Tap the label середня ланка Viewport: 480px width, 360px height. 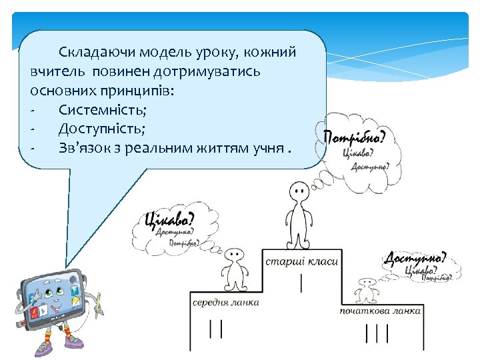[x=226, y=302]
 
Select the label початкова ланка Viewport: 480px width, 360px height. [x=380, y=311]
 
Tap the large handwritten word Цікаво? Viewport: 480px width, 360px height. [x=169, y=219]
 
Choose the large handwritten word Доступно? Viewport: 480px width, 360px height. [x=416, y=258]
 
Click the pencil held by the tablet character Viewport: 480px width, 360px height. [x=99, y=304]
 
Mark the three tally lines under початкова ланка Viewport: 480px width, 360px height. [x=377, y=333]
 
